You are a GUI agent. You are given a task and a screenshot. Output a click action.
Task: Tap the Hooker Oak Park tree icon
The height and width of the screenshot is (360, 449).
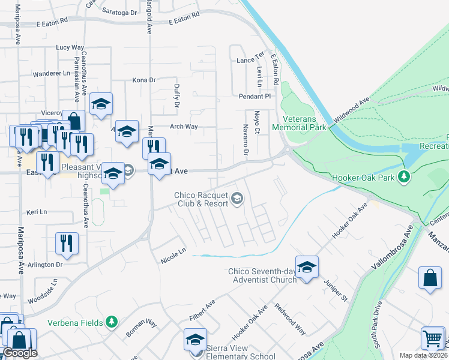[x=405, y=176]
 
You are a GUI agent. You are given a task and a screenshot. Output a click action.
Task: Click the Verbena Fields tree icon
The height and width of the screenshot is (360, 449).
[x=111, y=322]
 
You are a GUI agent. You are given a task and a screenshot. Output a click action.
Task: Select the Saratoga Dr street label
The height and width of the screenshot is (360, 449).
[x=119, y=12]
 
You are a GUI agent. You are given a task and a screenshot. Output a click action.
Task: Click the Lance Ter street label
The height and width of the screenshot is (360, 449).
[x=250, y=61]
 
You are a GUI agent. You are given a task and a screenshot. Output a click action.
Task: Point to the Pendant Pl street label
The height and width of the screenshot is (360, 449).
[x=255, y=96]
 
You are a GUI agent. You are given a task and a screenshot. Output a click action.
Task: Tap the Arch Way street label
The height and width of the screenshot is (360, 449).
[x=184, y=127]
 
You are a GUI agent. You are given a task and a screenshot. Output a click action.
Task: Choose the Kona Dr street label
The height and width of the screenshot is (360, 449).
[x=143, y=80]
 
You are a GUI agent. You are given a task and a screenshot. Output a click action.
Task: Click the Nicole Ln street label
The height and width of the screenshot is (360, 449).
[x=173, y=255]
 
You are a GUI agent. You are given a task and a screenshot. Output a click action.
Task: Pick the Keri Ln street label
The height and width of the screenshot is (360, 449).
[x=37, y=213]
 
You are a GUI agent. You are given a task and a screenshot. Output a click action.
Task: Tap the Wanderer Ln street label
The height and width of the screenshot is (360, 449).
[x=51, y=73]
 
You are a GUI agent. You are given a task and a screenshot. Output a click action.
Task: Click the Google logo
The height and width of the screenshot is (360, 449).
[x=20, y=353]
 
